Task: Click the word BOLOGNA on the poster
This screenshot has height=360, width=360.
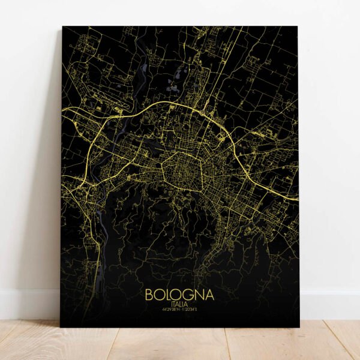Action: click(x=179, y=296)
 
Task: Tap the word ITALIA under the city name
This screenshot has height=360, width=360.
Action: click(x=179, y=305)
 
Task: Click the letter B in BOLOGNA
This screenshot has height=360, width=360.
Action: click(x=149, y=296)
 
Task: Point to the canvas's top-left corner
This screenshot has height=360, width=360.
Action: click(x=62, y=26)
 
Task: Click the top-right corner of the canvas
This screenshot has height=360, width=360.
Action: click(x=298, y=26)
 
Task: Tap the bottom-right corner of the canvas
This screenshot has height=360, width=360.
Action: click(x=299, y=327)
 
